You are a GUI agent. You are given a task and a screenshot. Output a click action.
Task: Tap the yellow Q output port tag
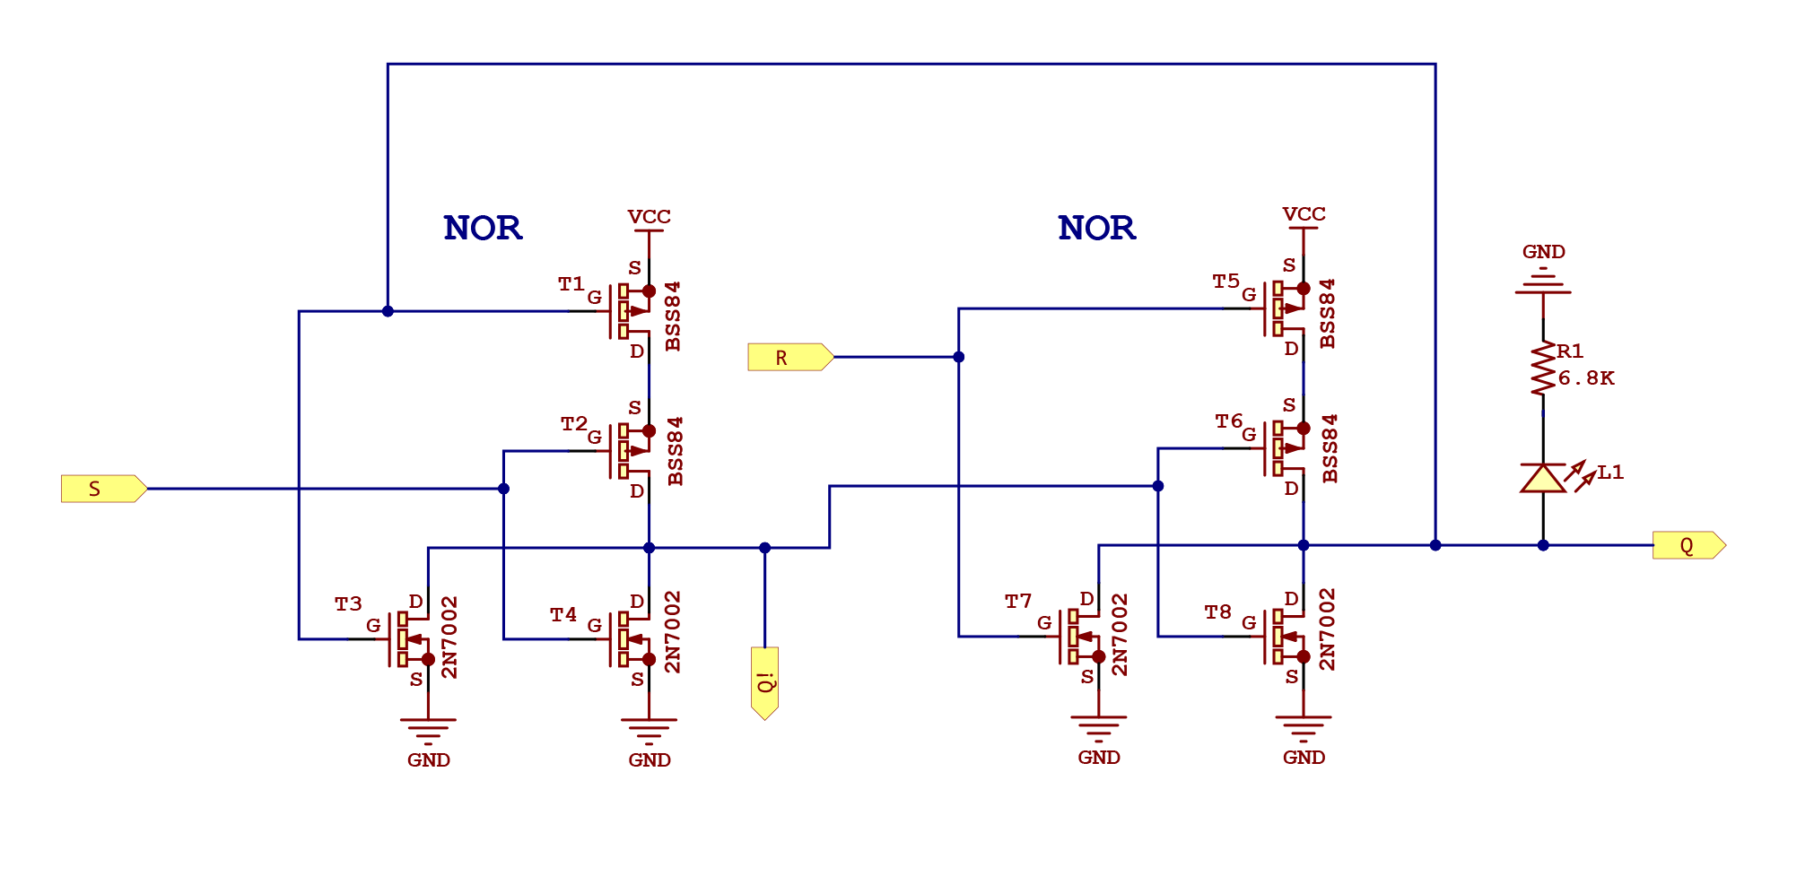(x=1688, y=545)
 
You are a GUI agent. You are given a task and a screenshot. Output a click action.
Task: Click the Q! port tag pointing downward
(x=765, y=681)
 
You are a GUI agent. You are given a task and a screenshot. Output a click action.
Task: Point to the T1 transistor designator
(x=571, y=284)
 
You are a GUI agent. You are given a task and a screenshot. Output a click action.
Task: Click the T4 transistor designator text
(x=563, y=615)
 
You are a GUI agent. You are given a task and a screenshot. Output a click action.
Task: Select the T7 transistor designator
(x=1018, y=602)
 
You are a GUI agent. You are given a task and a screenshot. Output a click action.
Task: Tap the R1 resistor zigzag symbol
(x=1543, y=368)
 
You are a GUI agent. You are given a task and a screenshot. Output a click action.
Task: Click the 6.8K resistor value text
(x=1586, y=378)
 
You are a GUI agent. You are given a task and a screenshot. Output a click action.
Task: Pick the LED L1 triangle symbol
(x=1543, y=479)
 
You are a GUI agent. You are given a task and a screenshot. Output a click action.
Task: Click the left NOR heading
(x=483, y=229)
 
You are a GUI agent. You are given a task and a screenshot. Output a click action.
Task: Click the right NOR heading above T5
(x=1096, y=229)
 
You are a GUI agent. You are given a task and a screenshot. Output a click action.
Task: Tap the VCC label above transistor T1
(x=649, y=217)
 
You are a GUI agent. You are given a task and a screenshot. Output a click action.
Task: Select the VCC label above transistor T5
(x=1304, y=214)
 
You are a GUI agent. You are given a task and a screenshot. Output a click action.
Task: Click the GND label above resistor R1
(x=1543, y=252)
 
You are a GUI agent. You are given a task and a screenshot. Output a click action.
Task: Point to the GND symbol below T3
(x=428, y=728)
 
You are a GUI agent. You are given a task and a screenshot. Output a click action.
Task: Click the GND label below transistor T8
(x=1304, y=758)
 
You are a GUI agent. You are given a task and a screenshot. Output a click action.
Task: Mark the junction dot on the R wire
(x=958, y=357)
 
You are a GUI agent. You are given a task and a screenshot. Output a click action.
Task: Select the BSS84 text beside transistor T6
(x=1330, y=448)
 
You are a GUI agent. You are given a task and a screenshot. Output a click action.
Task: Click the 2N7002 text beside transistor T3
(x=449, y=637)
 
